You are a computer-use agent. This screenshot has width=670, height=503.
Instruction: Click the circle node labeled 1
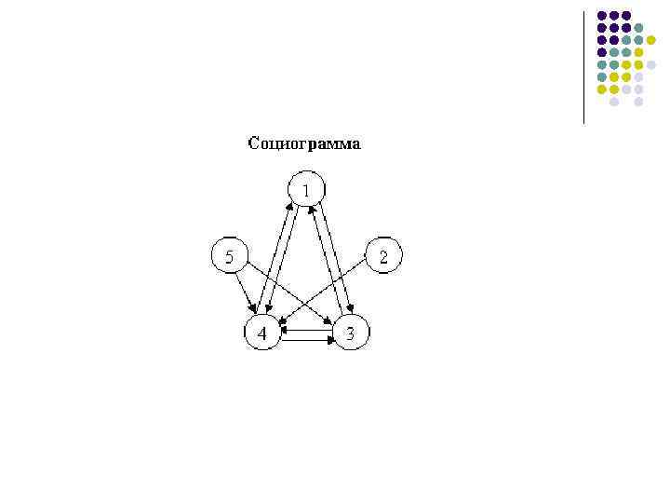(x=305, y=190)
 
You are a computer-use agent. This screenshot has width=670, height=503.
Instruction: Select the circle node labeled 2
(x=383, y=255)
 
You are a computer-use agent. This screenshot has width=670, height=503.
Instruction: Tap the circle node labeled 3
(x=350, y=333)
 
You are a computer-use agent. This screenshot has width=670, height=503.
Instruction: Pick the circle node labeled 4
(x=262, y=333)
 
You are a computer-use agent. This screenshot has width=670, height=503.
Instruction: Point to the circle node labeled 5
(x=230, y=255)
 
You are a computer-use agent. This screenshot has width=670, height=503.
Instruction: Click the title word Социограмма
(x=304, y=144)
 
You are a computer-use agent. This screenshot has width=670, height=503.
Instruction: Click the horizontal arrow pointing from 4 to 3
(x=307, y=341)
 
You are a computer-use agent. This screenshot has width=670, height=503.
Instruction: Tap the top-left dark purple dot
(x=602, y=16)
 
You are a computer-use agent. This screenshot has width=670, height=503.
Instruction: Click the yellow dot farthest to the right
(x=650, y=40)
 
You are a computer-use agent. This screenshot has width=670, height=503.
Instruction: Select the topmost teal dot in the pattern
(x=638, y=28)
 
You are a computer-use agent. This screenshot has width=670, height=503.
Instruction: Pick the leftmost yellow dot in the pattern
(x=602, y=89)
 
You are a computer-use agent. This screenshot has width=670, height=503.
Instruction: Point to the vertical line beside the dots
(x=583, y=65)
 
